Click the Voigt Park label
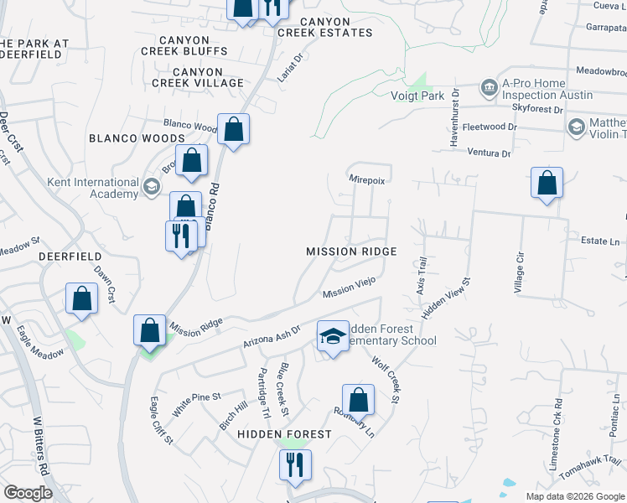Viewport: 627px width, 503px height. tap(417, 96)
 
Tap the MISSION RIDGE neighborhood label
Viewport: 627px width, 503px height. tap(350, 251)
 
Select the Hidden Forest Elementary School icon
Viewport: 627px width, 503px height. tap(333, 337)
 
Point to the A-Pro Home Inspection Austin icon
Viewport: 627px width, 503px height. tap(489, 87)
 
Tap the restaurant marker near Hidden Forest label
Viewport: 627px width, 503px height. tap(295, 465)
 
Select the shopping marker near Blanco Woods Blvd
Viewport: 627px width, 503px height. tap(233, 130)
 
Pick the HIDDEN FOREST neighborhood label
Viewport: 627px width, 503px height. tap(284, 434)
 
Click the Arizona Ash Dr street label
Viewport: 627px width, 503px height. tap(272, 338)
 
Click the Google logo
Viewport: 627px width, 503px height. tap(27, 493)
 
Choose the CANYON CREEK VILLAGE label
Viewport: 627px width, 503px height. tap(198, 83)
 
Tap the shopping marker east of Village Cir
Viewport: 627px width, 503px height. tap(547, 183)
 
